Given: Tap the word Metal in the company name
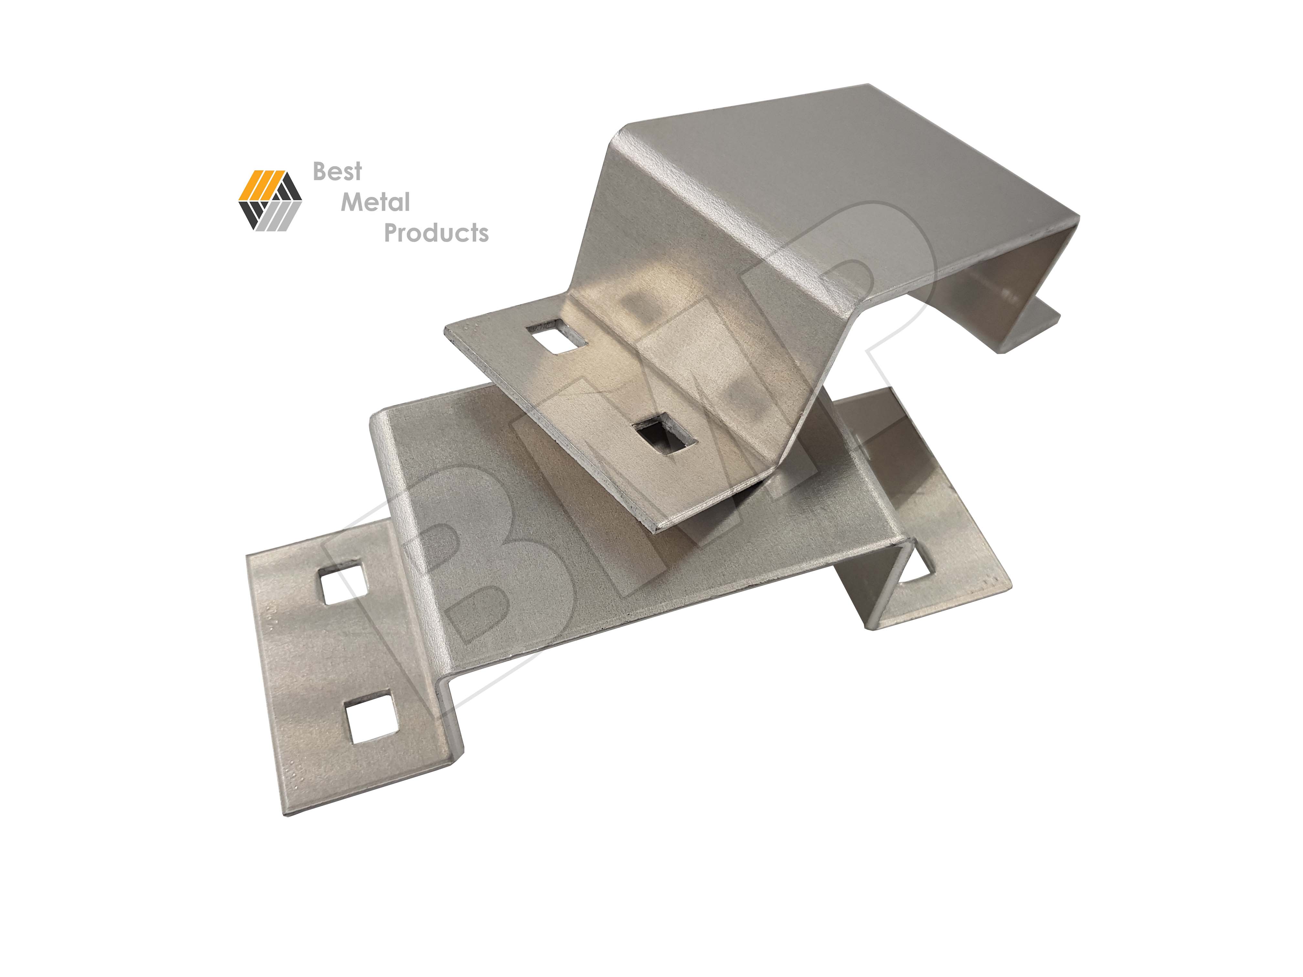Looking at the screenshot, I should click(375, 203).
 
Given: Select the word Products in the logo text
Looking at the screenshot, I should click(436, 233).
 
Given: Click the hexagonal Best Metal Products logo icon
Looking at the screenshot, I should click(270, 200).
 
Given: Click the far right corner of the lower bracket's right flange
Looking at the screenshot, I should click(1010, 586).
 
